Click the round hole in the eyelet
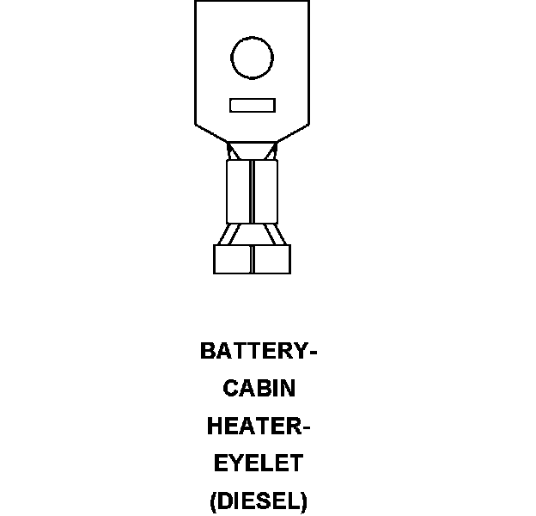(253, 58)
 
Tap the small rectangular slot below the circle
(253, 105)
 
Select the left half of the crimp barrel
(239, 192)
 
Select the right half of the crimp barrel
(266, 192)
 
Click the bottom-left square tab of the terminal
(232, 260)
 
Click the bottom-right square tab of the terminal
(271, 260)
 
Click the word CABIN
(259, 389)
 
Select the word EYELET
(259, 464)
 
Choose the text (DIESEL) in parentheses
(259, 501)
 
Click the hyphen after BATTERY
(314, 353)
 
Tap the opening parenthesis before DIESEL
(214, 501)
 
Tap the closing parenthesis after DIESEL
(303, 501)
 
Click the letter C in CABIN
(231, 389)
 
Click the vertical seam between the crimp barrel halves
(253, 192)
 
